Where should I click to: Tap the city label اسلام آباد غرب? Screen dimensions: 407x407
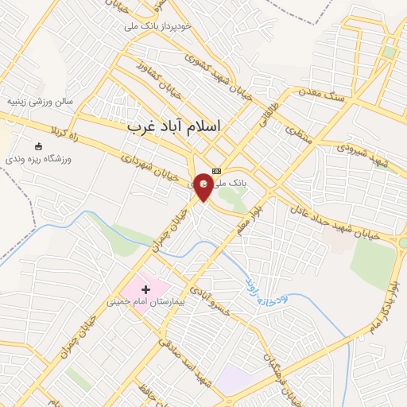pos(176,126)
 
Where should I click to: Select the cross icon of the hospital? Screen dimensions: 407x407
pos(145,290)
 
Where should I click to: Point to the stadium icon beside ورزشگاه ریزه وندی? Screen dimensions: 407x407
pos(39,146)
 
